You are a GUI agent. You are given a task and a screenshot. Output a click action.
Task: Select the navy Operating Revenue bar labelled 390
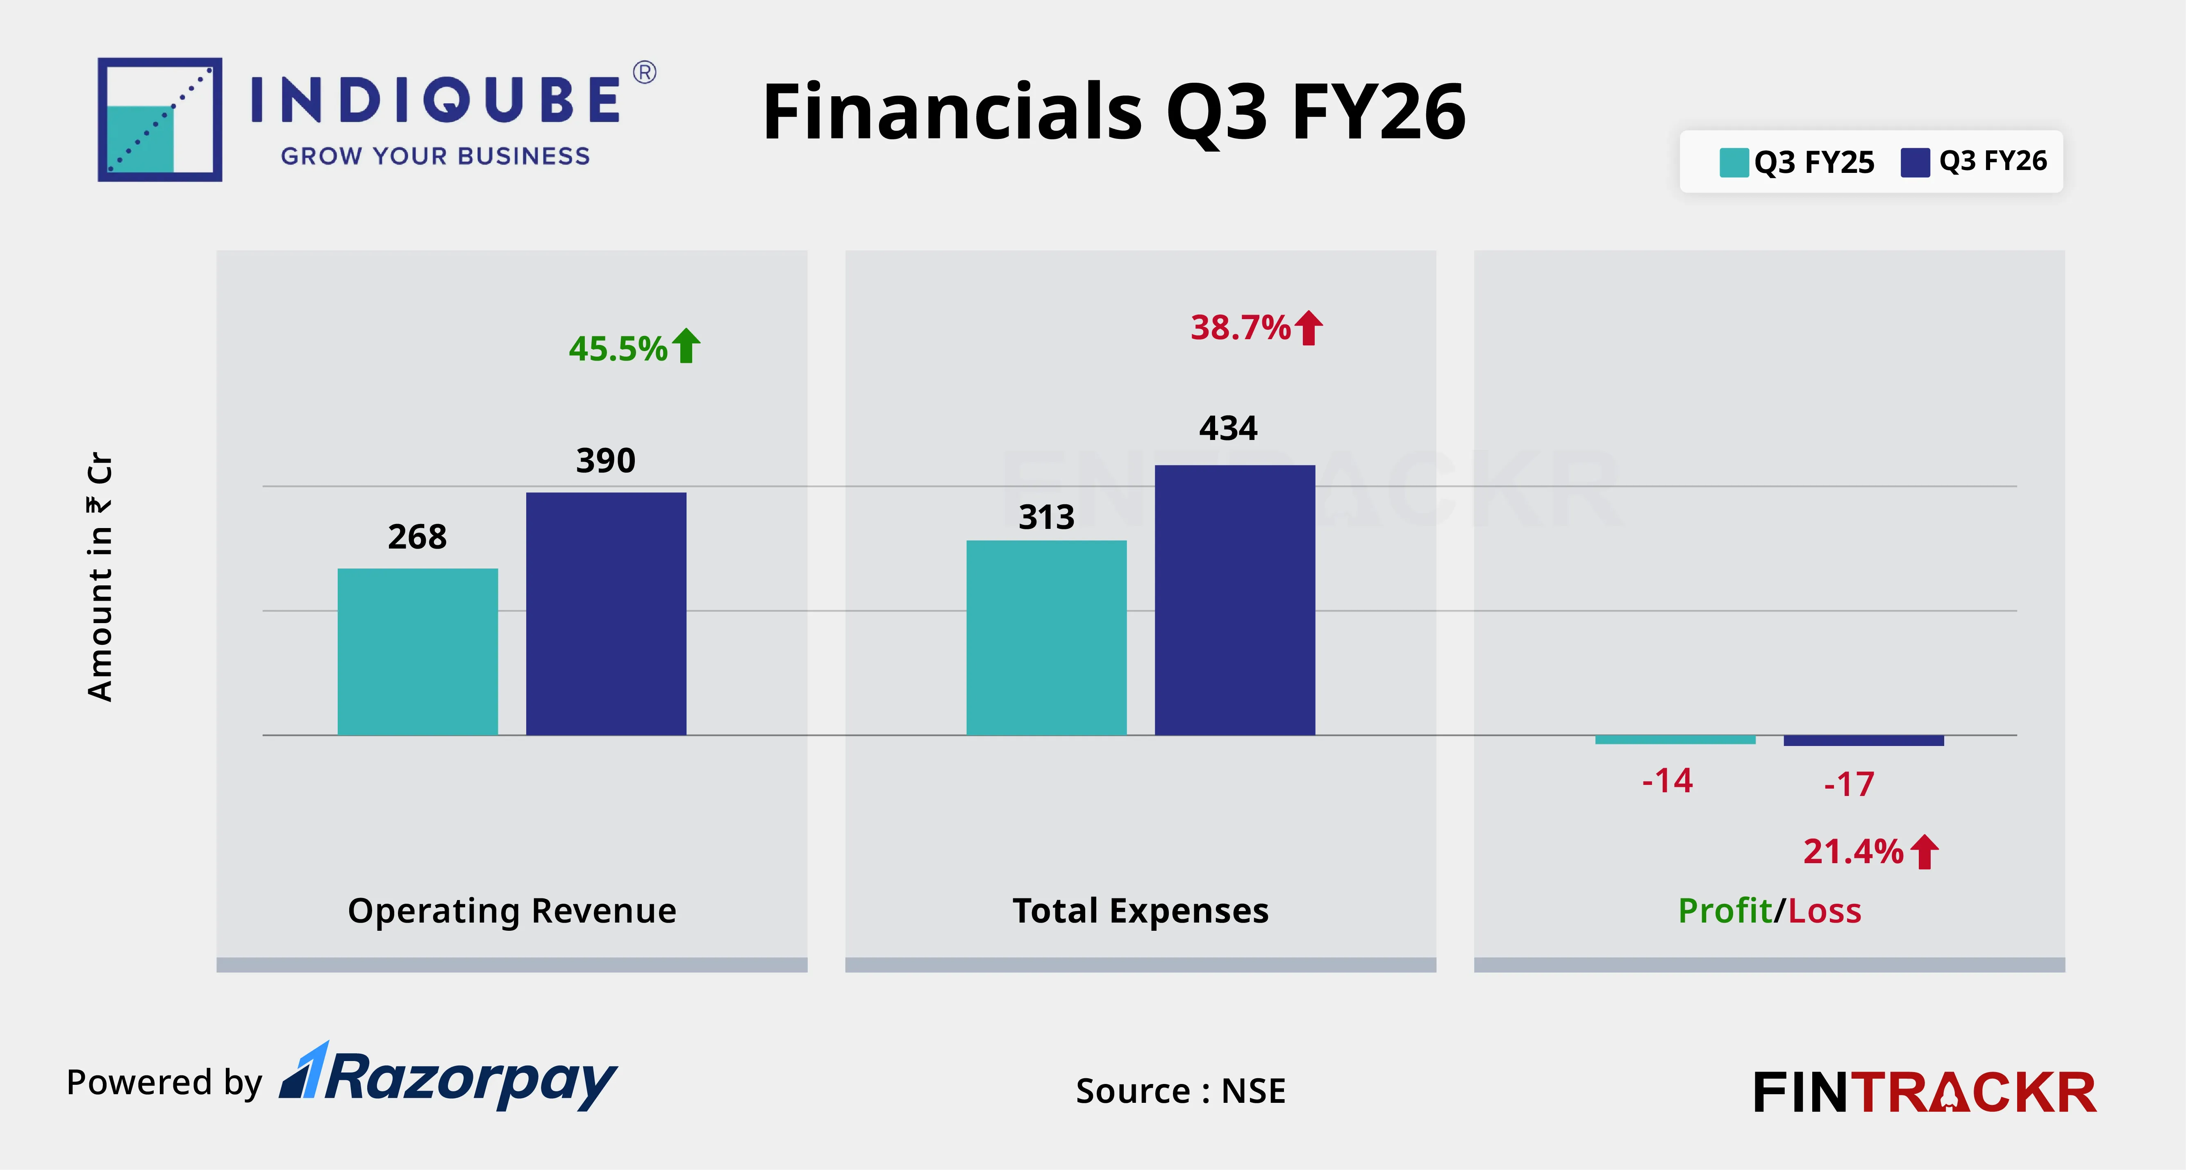pos(606,613)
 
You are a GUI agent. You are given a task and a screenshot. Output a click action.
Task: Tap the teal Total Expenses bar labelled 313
pos(1046,637)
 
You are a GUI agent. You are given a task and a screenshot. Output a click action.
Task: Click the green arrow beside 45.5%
pos(686,346)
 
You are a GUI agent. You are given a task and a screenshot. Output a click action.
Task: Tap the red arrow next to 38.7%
pos(1309,327)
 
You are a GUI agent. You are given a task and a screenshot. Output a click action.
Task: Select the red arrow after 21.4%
pos(1925,852)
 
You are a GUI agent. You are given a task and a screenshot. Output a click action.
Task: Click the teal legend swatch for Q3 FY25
pos(1734,162)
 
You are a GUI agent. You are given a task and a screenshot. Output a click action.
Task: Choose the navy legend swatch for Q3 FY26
pos(1915,162)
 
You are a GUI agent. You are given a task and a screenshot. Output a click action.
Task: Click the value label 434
pos(1228,429)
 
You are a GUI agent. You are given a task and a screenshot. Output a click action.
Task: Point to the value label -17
pos(1849,784)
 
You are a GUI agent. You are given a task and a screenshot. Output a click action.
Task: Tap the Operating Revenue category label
pos(512,910)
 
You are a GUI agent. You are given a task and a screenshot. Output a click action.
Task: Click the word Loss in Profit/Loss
pos(1825,910)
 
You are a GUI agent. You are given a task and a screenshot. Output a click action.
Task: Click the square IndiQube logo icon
pos(159,120)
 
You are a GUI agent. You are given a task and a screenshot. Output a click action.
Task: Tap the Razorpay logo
pos(450,1077)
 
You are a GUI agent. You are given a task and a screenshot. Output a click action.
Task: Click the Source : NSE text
pos(1180,1090)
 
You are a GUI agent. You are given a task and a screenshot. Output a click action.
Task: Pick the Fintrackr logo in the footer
pos(1925,1092)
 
